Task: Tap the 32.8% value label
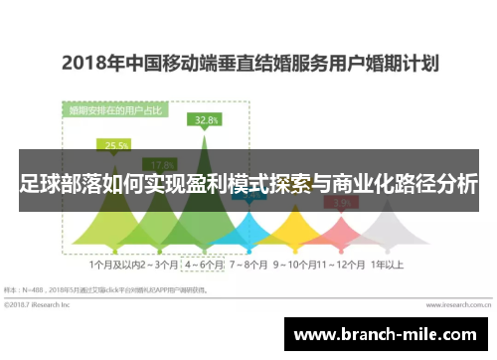coord(206,120)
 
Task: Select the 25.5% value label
coord(117,145)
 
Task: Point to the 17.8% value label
coord(161,165)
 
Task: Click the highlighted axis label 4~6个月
coord(205,266)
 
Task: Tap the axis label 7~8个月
coord(249,266)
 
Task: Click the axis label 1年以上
coord(387,266)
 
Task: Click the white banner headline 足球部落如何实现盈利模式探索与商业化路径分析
coord(248,185)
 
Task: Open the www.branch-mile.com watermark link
coord(390,334)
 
